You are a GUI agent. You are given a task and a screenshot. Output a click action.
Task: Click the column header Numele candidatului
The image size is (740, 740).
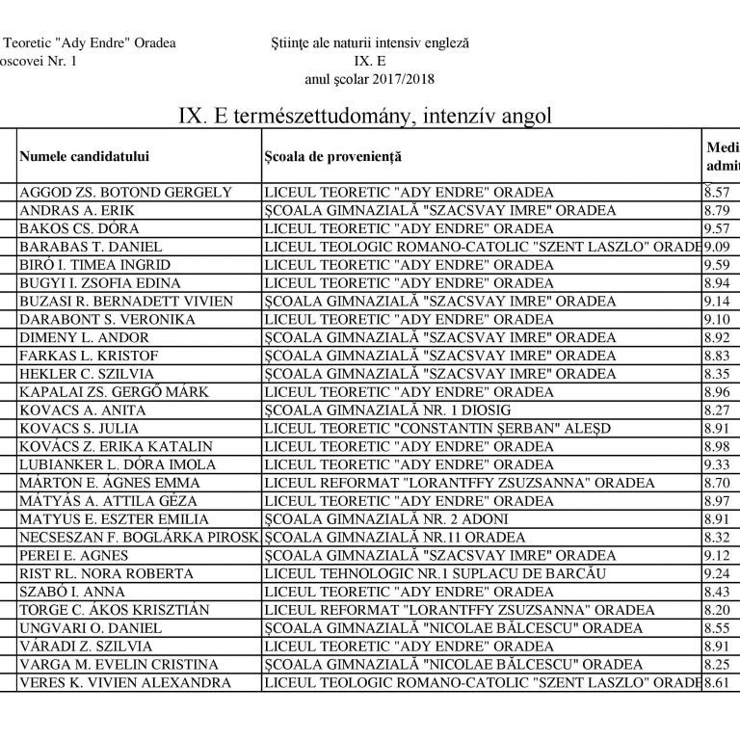coord(85,156)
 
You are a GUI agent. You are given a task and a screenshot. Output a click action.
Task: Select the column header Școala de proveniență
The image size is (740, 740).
coord(332,156)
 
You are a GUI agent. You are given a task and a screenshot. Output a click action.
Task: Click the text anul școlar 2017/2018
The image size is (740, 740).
coord(371,79)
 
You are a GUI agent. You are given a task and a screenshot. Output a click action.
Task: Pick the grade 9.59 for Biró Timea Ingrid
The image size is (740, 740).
coord(717,265)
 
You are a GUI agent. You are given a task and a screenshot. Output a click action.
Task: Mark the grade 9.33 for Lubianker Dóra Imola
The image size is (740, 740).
coord(717,464)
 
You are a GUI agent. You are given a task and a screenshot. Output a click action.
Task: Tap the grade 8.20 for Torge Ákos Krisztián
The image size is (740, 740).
coord(717,610)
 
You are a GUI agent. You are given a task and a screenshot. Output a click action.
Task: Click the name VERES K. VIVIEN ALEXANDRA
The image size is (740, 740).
coord(125,682)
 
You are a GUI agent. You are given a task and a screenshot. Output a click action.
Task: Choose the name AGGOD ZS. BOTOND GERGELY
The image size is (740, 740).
coord(125,192)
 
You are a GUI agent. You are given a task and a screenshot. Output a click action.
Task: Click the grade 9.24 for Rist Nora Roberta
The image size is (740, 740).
coord(717,573)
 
